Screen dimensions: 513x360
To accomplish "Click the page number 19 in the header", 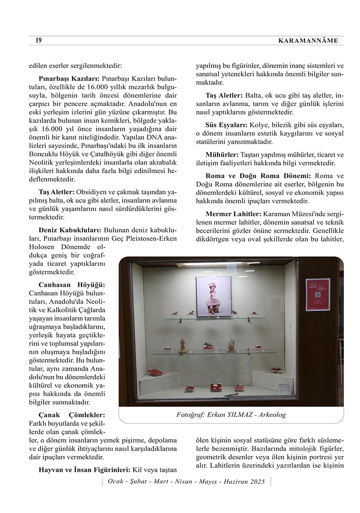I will [38, 40].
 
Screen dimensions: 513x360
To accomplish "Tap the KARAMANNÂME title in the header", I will [307, 41].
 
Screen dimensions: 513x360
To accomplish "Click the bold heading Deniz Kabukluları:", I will [70, 230].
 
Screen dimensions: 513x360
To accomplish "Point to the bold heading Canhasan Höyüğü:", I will [72, 285].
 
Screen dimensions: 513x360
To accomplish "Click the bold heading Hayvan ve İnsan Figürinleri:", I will [84, 470].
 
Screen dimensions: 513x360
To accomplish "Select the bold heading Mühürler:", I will [222, 155].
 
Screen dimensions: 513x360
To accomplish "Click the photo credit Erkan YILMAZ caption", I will [231, 415].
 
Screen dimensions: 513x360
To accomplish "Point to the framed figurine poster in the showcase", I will [213, 296].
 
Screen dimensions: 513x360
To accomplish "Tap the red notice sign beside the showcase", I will [317, 294].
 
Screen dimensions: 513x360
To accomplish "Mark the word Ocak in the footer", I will [115, 482].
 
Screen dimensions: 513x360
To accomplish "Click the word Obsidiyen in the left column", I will [91, 192].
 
